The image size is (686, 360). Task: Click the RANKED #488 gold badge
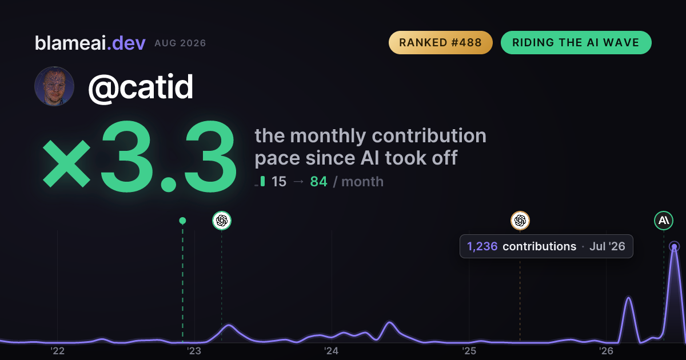[440, 42]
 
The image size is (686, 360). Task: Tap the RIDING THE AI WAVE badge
[576, 42]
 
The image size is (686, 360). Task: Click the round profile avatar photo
[54, 86]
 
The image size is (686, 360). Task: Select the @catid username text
[141, 87]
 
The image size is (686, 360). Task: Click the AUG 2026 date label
[180, 43]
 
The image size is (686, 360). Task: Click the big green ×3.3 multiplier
[139, 156]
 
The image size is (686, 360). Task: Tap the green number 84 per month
[318, 182]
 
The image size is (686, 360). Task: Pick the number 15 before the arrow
[279, 182]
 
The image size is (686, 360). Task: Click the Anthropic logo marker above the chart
[664, 221]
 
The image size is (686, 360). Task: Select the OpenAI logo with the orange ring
[520, 221]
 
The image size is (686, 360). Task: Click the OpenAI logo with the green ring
[222, 221]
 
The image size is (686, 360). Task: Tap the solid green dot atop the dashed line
[182, 221]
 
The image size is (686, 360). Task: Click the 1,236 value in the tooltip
[482, 246]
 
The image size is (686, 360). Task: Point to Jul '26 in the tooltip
[607, 246]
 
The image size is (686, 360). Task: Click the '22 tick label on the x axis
[57, 351]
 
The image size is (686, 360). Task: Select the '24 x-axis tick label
[332, 351]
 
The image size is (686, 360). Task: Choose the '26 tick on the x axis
[606, 351]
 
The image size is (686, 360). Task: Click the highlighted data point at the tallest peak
[675, 246]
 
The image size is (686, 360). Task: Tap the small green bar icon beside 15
[262, 181]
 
